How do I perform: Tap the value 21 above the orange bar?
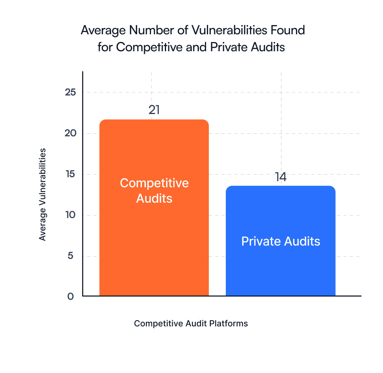154,110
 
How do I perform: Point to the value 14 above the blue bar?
281,177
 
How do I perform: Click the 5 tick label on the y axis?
70,256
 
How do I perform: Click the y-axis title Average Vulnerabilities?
42,194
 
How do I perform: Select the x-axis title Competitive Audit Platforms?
191,323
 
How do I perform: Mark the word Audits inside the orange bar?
154,198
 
